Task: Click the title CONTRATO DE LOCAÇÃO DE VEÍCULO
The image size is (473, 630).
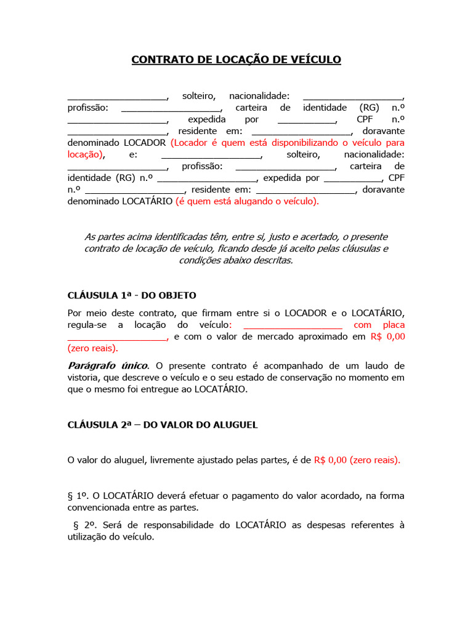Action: tap(236, 60)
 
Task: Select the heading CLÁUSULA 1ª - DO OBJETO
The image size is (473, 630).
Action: tap(132, 295)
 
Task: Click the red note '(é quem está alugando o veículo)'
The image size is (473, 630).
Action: tap(247, 201)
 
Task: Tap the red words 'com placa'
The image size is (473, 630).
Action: tap(379, 325)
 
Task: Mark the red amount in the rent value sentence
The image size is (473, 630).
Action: tap(357, 460)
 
